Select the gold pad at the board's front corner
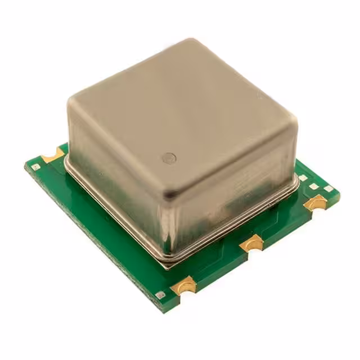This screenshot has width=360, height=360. tap(184, 285)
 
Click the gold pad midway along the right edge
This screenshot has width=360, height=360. tap(251, 243)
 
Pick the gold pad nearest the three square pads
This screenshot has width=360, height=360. tap(317, 202)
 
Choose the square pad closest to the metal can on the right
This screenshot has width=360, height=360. tap(303, 178)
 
